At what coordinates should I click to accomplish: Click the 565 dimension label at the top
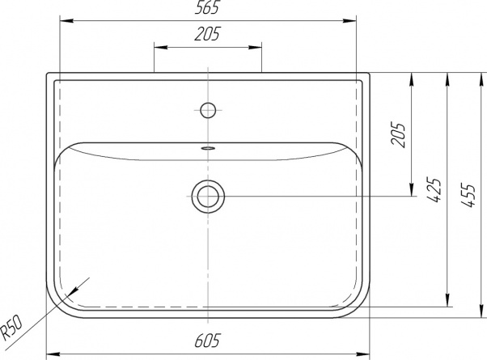[x=207, y=7]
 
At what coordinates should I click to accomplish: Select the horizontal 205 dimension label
[x=207, y=34]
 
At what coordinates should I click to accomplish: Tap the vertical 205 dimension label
[x=399, y=134]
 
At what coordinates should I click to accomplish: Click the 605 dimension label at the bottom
[x=207, y=341]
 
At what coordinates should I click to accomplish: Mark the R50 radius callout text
[x=11, y=328]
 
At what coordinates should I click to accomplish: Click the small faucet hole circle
[x=208, y=110]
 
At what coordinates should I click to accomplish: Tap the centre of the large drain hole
[x=208, y=197]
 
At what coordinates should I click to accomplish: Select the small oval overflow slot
[x=208, y=148]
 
